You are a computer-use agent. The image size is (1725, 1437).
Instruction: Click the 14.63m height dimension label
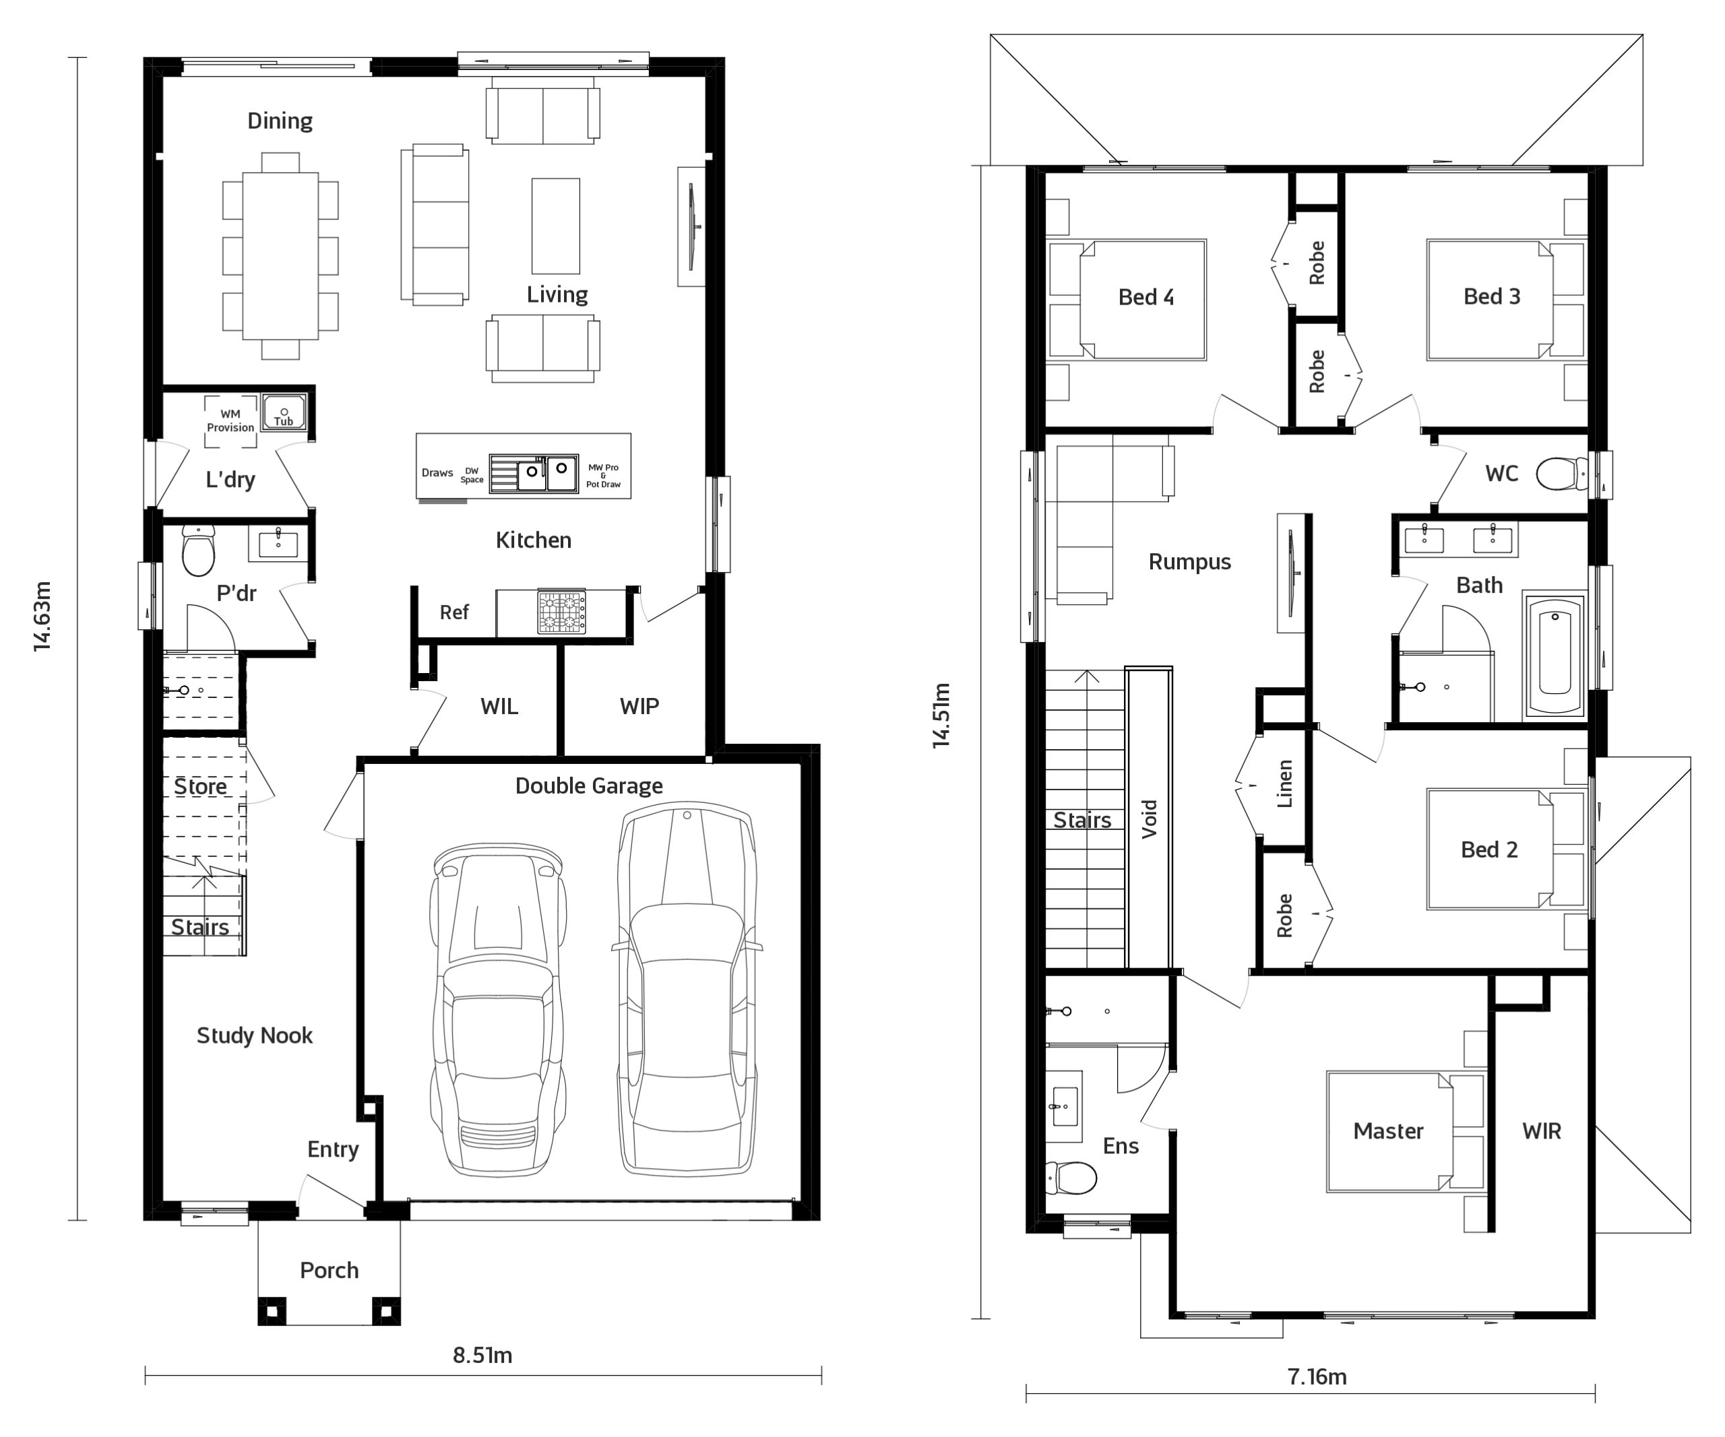tap(42, 616)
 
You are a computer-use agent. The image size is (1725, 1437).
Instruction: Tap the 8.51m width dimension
tap(482, 1355)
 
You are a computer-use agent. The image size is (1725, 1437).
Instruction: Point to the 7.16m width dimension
tap(1317, 1376)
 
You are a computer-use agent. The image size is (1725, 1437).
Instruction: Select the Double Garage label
tap(589, 786)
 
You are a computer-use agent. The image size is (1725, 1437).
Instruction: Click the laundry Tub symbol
tap(284, 413)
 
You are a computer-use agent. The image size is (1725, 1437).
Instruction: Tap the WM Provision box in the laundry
tap(231, 421)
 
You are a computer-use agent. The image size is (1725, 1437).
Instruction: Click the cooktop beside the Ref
tap(562, 612)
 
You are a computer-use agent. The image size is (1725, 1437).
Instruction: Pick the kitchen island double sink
tap(534, 473)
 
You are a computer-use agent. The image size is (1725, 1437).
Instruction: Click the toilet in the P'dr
tap(198, 550)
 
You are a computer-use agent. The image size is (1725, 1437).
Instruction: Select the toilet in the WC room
tap(1561, 474)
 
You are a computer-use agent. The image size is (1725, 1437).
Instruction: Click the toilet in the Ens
tap(1071, 1178)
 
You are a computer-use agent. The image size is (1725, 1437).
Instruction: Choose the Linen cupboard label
tap(1285, 784)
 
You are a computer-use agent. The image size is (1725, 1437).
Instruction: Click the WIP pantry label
tap(639, 706)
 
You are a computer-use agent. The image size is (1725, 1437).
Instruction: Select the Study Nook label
tap(255, 1035)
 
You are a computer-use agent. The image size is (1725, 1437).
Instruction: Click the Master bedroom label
tap(1388, 1130)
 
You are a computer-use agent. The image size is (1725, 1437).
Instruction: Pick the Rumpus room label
tap(1189, 563)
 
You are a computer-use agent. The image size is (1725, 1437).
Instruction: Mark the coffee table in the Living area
tap(556, 226)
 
